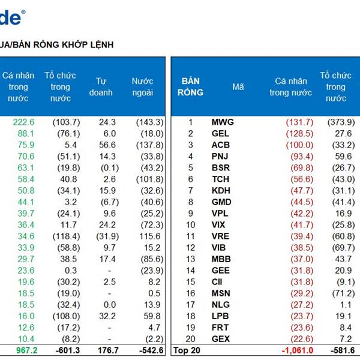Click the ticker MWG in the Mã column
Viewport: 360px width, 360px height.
223,122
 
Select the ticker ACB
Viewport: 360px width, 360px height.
221,145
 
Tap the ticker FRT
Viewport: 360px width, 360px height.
220,328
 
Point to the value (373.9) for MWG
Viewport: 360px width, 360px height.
341,122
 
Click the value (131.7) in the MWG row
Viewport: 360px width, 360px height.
299,122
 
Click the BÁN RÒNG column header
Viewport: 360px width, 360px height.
191,87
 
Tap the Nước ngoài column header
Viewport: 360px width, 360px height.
143,87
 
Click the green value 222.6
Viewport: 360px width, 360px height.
24,122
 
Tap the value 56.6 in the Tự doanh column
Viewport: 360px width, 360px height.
108,145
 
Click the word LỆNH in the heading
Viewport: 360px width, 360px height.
100,44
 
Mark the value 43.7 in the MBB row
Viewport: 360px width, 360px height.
343,259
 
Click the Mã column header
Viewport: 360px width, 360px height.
238,87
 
